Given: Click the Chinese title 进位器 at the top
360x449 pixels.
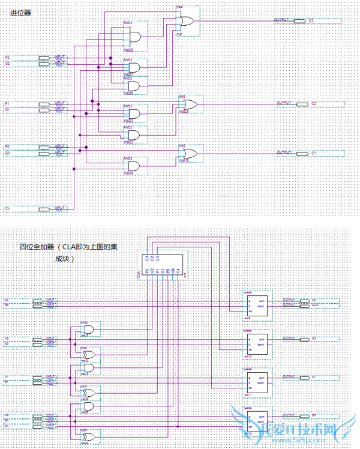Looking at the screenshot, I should pyautogui.click(x=17, y=13).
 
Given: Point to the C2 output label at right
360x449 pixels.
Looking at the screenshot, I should pyautogui.click(x=313, y=104).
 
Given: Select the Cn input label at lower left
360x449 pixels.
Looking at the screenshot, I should pyautogui.click(x=8, y=208).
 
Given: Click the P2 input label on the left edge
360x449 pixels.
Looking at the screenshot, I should pyautogui.click(x=7, y=56).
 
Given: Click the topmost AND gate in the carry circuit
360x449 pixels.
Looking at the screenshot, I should pyautogui.click(x=133, y=36).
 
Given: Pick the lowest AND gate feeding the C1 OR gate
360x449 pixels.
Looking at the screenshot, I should pyautogui.click(x=133, y=166).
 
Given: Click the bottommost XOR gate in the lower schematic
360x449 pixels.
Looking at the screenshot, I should pyautogui.click(x=89, y=436).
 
